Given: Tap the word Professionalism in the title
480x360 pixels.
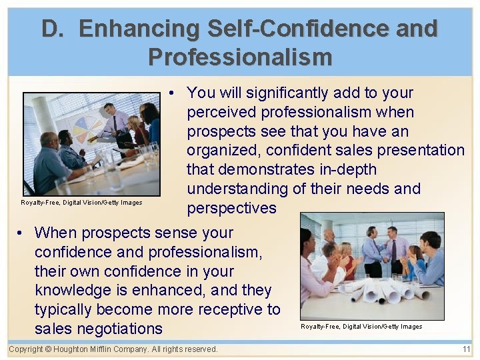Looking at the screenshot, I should pyautogui.click(x=240, y=57).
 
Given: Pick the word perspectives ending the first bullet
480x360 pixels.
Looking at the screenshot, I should pyautogui.click(x=231, y=208).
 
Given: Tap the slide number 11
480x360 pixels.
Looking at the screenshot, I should pyautogui.click(x=466, y=349).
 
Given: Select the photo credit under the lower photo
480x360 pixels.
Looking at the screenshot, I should pyautogui.click(x=361, y=327).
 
